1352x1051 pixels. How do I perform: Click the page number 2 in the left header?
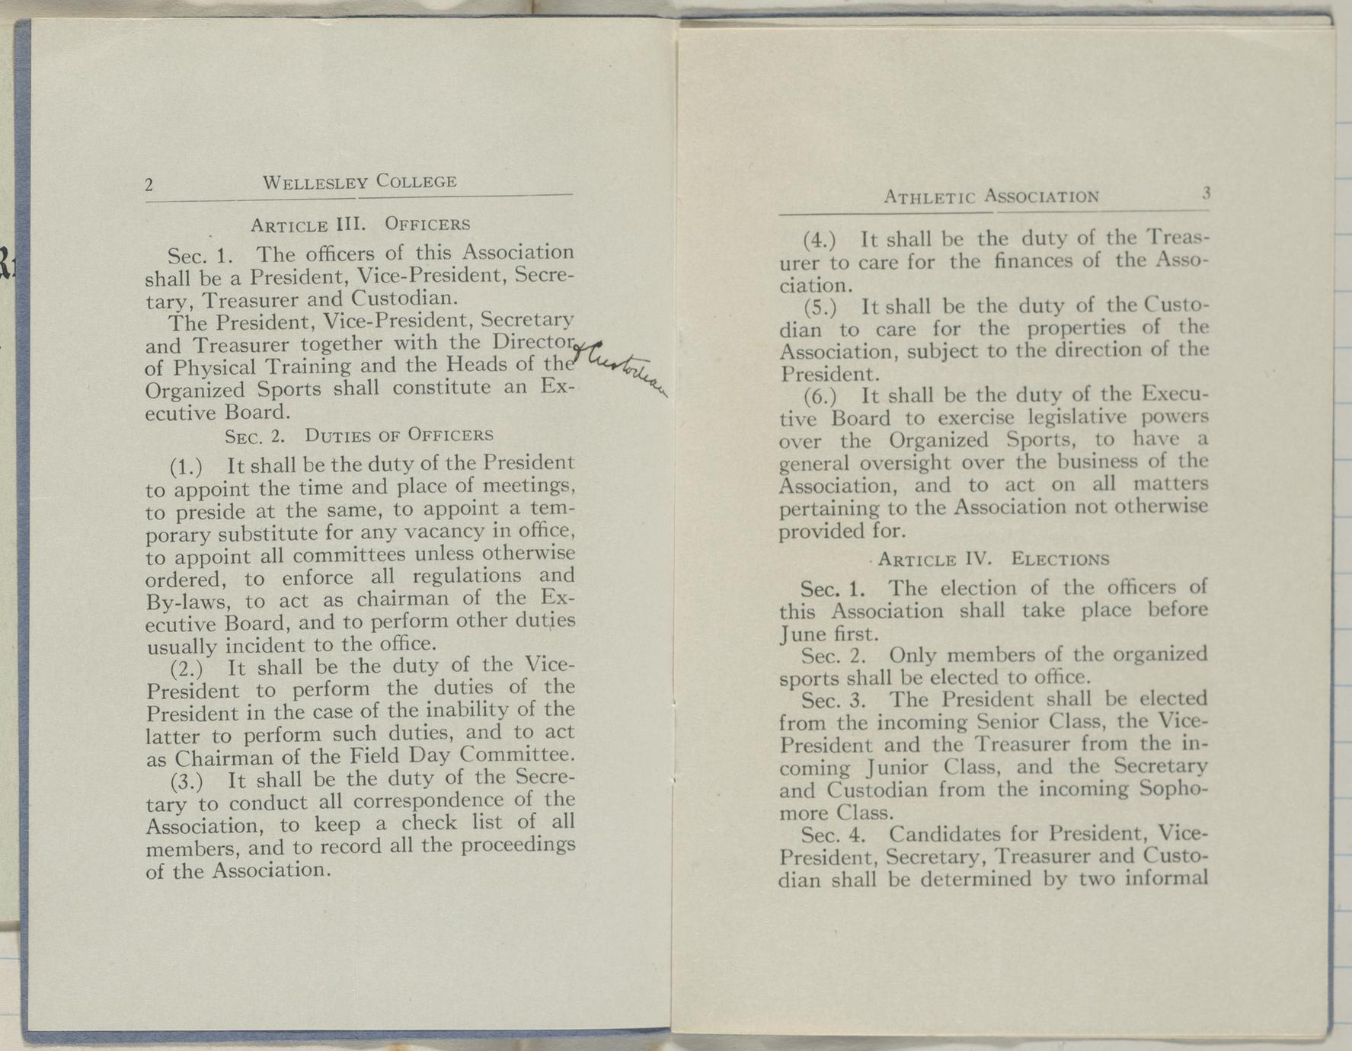point(150,185)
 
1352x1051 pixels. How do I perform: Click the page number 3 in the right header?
point(1206,193)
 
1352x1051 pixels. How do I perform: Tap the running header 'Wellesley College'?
point(360,182)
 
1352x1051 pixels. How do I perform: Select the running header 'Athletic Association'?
point(991,196)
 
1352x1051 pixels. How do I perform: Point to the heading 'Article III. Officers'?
point(360,225)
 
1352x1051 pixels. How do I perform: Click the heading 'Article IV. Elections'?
point(993,559)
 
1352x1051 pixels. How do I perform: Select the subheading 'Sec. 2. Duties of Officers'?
point(359,436)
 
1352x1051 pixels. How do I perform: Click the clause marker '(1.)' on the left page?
point(187,465)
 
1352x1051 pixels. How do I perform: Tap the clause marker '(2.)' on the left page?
point(187,669)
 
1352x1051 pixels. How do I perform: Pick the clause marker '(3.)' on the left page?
point(187,781)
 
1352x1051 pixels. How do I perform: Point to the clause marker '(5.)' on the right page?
point(820,308)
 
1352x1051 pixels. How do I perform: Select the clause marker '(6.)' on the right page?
point(820,397)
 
